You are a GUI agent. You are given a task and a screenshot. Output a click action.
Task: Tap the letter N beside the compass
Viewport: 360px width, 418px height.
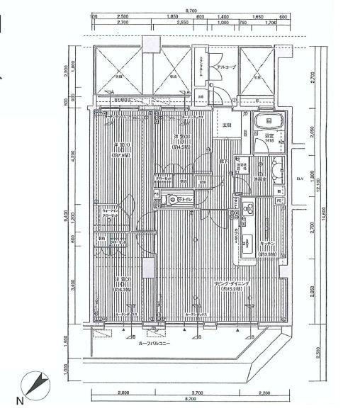coord(20,402)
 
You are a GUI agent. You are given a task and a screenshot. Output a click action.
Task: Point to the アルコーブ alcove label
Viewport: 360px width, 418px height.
coord(225,67)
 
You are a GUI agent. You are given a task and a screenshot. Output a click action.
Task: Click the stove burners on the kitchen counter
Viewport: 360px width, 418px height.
coord(249,210)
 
